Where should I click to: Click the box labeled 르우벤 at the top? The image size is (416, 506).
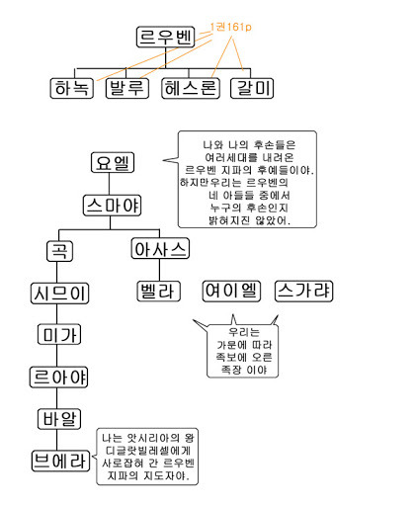[x=163, y=38]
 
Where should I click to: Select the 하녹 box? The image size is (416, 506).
[x=71, y=88]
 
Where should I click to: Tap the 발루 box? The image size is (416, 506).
[x=126, y=88]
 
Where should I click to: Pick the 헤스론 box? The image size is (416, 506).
[x=189, y=88]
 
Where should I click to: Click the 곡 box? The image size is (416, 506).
[x=60, y=249]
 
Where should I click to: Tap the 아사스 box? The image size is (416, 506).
[x=160, y=249]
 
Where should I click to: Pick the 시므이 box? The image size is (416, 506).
[x=60, y=293]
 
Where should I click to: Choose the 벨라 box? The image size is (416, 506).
[x=160, y=292]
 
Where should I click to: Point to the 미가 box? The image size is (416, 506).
[x=60, y=335]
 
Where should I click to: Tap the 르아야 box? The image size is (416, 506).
[x=60, y=377]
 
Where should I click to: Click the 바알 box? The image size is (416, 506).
[x=60, y=418]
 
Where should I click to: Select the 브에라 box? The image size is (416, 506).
[x=60, y=460]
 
